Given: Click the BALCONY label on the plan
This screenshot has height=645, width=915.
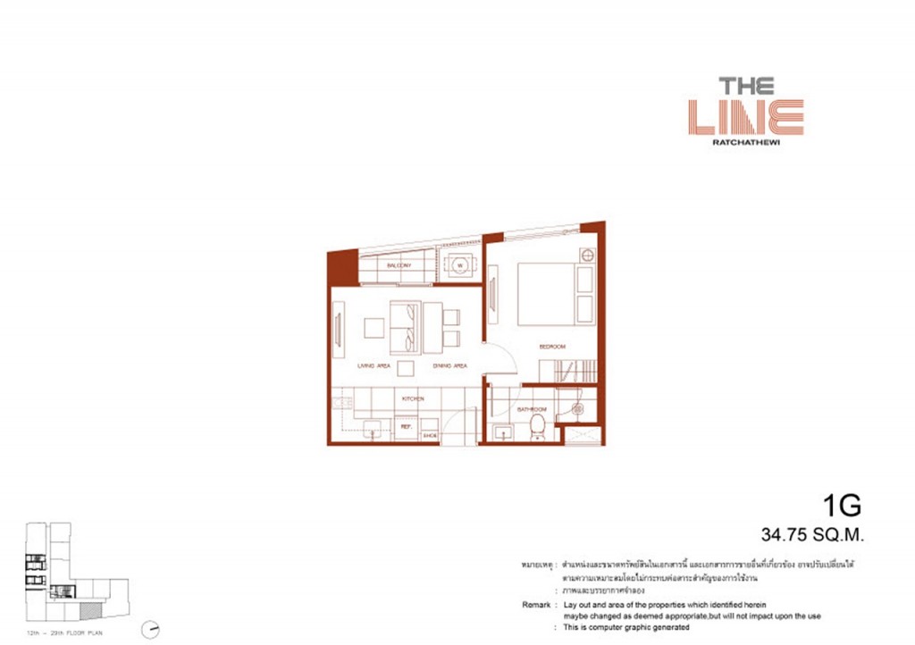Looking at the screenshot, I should point(399,266).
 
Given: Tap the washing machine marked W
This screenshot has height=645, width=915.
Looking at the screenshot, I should point(460,265).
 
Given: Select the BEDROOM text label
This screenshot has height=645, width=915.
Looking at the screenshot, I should point(551,346).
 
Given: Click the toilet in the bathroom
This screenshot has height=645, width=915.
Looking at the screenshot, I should point(538,428).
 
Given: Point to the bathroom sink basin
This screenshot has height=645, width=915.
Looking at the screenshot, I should point(504,433).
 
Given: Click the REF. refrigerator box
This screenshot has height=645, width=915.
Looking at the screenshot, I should point(405,427).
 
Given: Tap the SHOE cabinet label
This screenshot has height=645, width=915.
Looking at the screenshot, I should point(428,435).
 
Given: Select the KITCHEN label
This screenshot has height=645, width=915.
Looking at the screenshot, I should point(412,398).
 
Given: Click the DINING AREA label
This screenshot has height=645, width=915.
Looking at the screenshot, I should point(450,365).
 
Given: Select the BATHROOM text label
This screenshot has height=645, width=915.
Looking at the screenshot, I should point(532,409).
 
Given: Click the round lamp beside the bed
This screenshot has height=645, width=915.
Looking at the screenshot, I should point(587,255).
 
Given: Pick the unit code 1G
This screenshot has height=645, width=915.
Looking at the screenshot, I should point(843,507).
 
